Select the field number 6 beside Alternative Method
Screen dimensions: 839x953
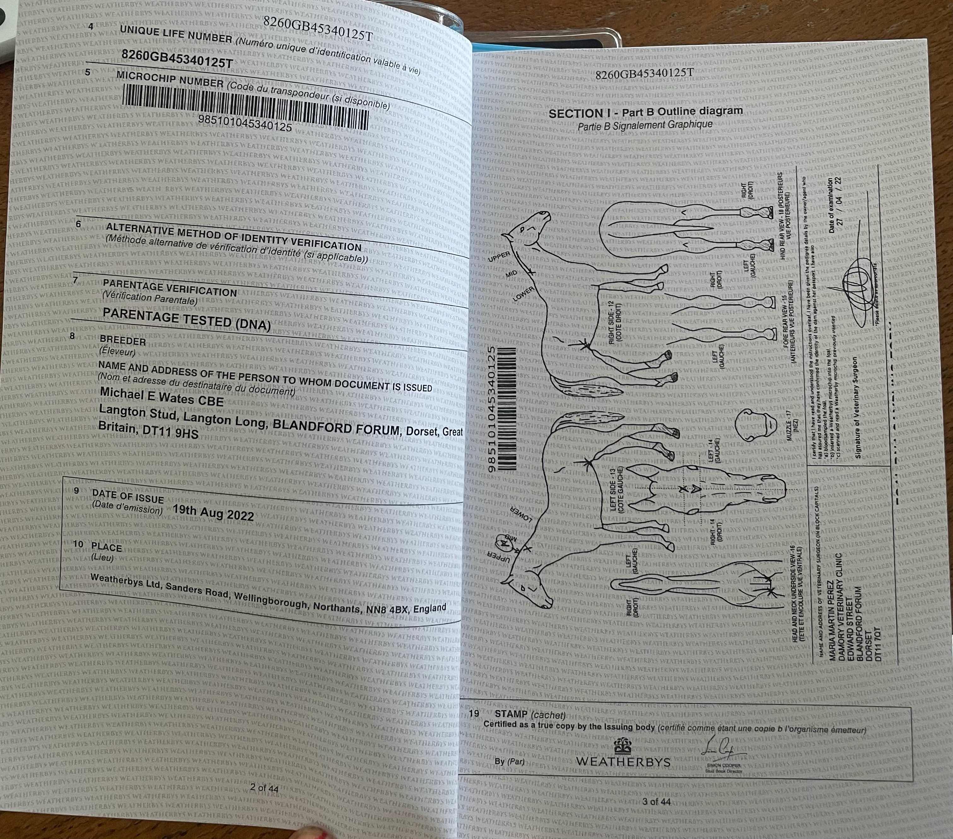pyautogui.click(x=78, y=224)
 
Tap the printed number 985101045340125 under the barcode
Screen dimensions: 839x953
pyautogui.click(x=245, y=125)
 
